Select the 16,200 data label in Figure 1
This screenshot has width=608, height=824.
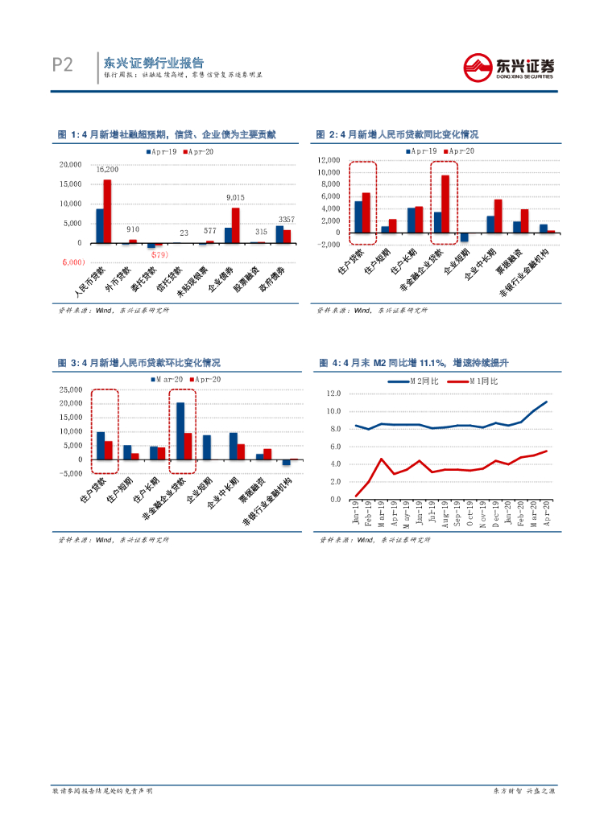(x=107, y=170)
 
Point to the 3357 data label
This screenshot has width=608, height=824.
(x=286, y=220)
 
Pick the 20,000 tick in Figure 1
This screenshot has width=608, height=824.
(x=71, y=165)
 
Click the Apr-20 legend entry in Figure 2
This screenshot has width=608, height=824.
(x=460, y=151)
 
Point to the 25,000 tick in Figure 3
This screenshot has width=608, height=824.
(x=71, y=390)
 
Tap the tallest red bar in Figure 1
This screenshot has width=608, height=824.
(x=107, y=211)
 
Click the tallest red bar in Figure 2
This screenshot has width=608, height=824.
(x=445, y=204)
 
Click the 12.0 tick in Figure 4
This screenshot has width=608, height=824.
(x=333, y=393)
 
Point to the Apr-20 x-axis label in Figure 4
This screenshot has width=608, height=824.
(x=547, y=513)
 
